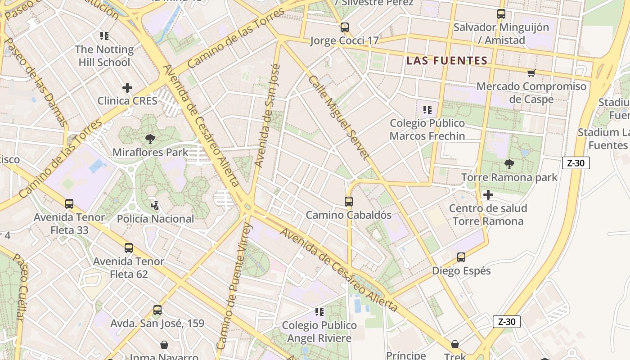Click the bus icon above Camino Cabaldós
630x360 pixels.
tap(349, 201)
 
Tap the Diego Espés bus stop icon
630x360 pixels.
tap(461, 257)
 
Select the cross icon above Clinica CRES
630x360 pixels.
tap(127, 87)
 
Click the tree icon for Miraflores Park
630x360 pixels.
tap(150, 139)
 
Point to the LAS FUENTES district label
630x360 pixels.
tap(447, 61)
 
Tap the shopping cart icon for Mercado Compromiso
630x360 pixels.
tap(531, 73)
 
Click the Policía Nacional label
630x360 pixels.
tap(155, 219)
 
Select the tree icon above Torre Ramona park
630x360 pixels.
tap(509, 164)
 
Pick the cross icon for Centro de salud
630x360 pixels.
tap(488, 195)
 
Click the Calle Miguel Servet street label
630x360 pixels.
tap(339, 117)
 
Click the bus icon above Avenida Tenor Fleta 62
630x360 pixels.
tap(129, 247)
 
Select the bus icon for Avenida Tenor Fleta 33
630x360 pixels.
tap(69, 204)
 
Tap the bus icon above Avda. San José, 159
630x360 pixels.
tap(157, 310)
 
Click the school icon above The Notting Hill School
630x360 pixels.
tap(104, 36)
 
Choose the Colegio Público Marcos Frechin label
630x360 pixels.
tap(427, 130)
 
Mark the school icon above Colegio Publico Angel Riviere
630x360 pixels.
tap(319, 311)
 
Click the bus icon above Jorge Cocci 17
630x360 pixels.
tap(345, 27)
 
